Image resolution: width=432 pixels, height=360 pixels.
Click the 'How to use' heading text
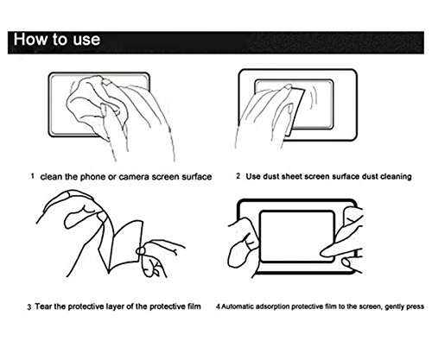[x=57, y=39]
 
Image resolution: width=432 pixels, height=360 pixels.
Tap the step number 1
[x=33, y=176]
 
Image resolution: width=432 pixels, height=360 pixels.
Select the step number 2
[x=238, y=176]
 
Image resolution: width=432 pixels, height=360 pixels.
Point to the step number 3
[x=29, y=306]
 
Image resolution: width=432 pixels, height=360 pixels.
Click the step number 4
[x=218, y=306]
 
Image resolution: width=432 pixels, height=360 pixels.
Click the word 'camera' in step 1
[x=134, y=177]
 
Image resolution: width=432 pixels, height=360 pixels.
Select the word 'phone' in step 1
[x=92, y=177]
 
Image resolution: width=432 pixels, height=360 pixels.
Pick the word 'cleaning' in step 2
[x=396, y=176]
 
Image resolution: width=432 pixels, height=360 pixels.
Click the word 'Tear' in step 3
[x=43, y=306]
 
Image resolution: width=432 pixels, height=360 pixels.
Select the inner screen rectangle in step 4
[x=297, y=211]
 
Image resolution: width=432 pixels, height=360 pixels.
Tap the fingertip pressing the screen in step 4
[x=325, y=252]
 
